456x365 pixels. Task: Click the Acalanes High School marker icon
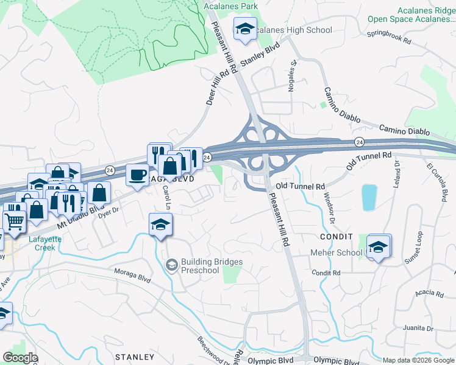click(245, 29)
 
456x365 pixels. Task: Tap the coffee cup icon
click(137, 176)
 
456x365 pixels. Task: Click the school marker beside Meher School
click(379, 246)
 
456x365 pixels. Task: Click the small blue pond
click(369, 197)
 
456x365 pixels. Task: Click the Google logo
click(20, 358)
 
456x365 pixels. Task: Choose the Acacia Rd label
click(429, 294)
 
